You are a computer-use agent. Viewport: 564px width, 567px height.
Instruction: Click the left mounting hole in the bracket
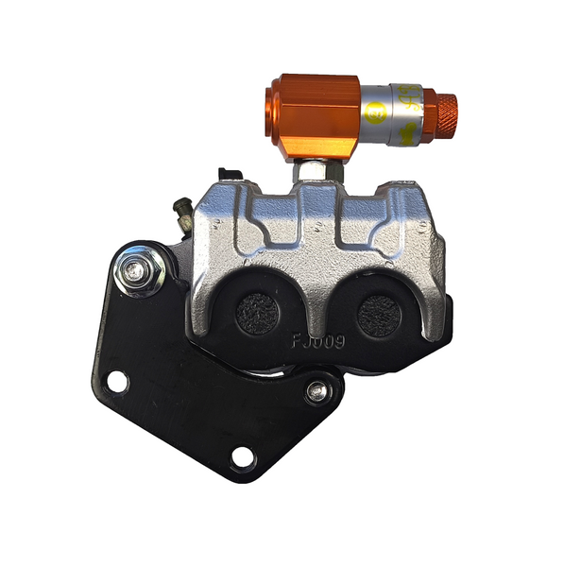[117, 382]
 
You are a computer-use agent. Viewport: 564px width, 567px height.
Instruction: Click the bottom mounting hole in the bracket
[243, 459]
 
